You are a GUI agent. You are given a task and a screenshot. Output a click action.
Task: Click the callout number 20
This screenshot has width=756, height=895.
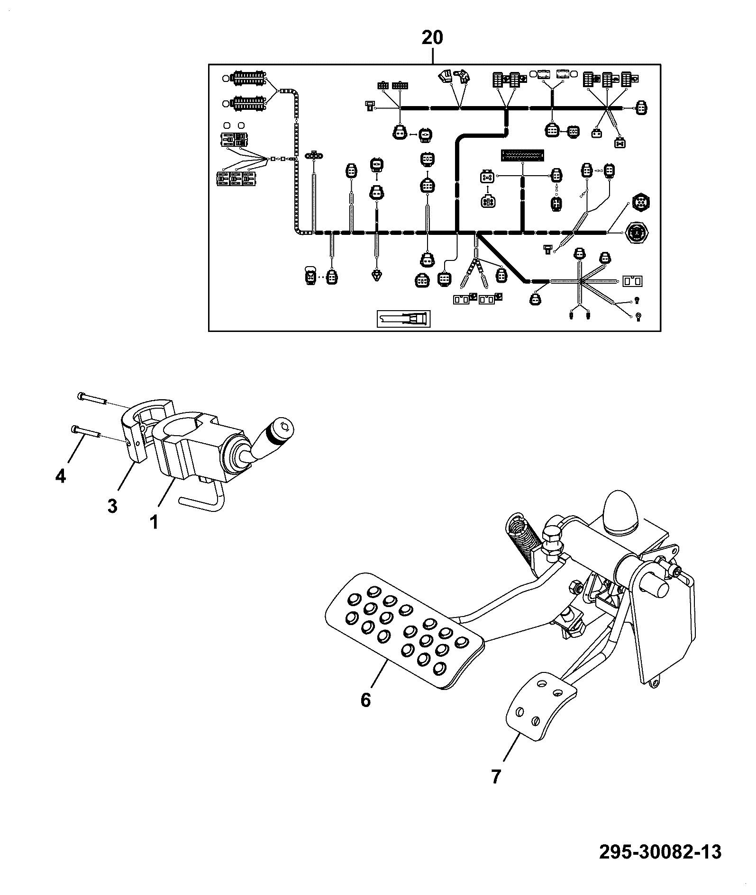pyautogui.click(x=432, y=37)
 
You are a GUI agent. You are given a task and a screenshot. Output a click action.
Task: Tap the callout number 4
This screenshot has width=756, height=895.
pyautogui.click(x=60, y=475)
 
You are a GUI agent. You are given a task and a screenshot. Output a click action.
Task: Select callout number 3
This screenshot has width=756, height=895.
pyautogui.click(x=112, y=506)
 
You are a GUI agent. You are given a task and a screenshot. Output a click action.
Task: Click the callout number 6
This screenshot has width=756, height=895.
pyautogui.click(x=365, y=699)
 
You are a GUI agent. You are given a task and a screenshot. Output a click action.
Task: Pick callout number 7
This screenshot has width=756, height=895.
pyautogui.click(x=496, y=777)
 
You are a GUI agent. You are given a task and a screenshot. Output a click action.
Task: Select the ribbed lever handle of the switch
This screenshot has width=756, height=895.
pyautogui.click(x=273, y=434)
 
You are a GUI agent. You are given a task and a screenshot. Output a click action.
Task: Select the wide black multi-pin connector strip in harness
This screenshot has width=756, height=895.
pyautogui.click(x=522, y=155)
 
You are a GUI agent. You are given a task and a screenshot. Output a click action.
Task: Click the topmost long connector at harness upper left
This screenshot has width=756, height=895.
pyautogui.click(x=247, y=78)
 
